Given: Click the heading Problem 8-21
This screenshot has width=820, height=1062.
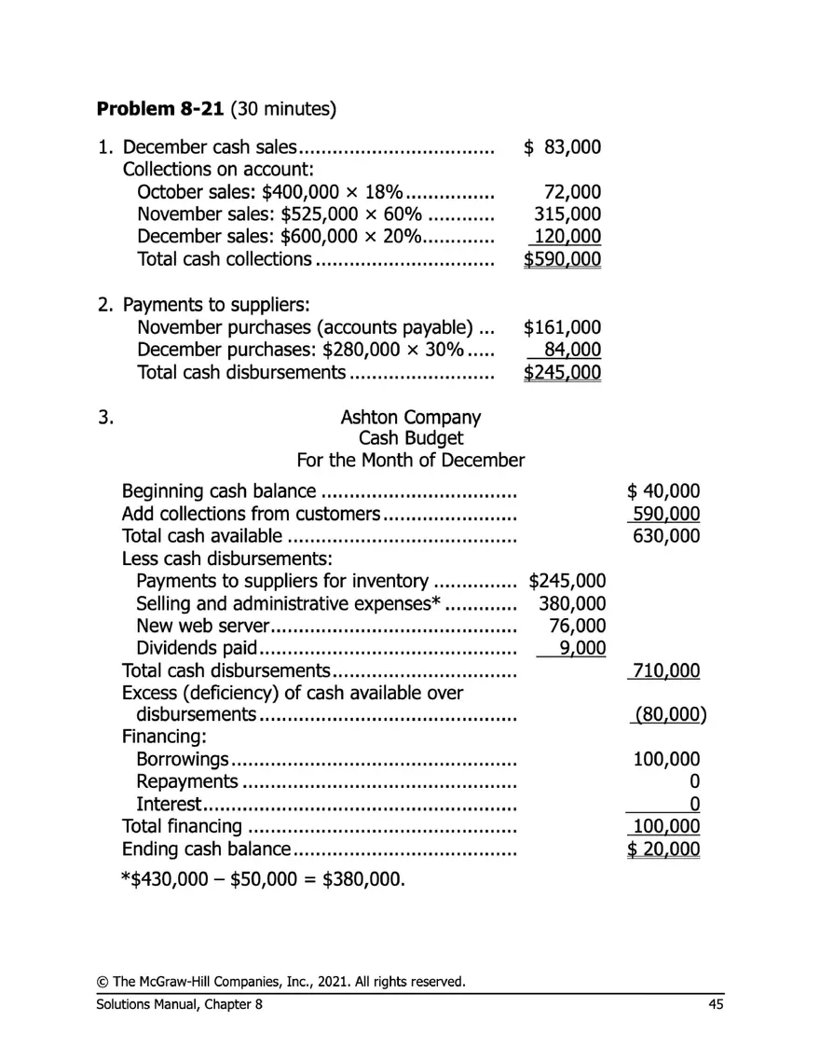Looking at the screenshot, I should click(x=160, y=109).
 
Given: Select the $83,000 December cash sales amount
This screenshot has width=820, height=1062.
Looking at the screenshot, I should click(x=563, y=147).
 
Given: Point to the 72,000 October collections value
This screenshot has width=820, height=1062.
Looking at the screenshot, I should click(x=572, y=192).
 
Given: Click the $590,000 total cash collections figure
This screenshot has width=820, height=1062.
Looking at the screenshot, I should click(x=563, y=259).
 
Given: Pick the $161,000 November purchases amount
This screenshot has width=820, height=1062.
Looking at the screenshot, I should click(x=563, y=327).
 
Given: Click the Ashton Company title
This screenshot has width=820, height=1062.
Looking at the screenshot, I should click(x=411, y=417).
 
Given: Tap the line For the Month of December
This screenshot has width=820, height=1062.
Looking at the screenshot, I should click(x=411, y=461).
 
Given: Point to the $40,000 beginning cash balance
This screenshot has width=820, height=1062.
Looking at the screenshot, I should click(x=663, y=491).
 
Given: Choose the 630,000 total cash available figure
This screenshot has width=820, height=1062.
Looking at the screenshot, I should click(x=667, y=536).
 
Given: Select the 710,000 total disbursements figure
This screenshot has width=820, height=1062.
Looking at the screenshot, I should click(x=667, y=671).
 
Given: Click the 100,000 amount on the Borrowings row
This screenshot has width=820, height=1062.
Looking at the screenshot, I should click(x=667, y=760).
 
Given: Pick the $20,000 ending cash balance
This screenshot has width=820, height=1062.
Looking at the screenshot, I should click(x=663, y=849).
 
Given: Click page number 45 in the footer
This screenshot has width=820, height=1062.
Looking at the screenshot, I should click(x=715, y=1004).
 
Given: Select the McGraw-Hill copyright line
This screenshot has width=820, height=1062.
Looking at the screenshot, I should click(x=280, y=982).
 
